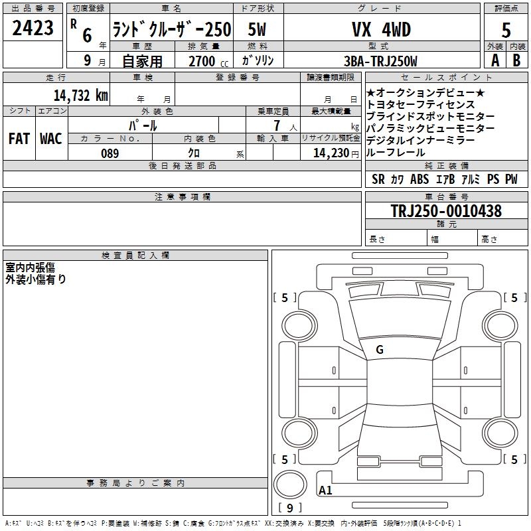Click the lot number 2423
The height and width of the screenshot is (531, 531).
point(33,28)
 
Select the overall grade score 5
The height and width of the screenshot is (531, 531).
point(506,30)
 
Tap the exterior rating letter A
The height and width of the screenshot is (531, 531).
point(495,60)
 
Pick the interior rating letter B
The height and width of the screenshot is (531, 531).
point(516,60)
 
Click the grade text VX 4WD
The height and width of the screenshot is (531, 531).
point(381,29)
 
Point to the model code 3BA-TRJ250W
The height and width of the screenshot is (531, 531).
point(380,61)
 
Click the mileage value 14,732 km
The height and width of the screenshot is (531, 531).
point(80,96)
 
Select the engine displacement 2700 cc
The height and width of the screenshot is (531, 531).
point(208,61)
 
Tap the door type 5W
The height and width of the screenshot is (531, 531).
point(257,29)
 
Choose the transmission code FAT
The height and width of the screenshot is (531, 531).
point(19,139)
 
